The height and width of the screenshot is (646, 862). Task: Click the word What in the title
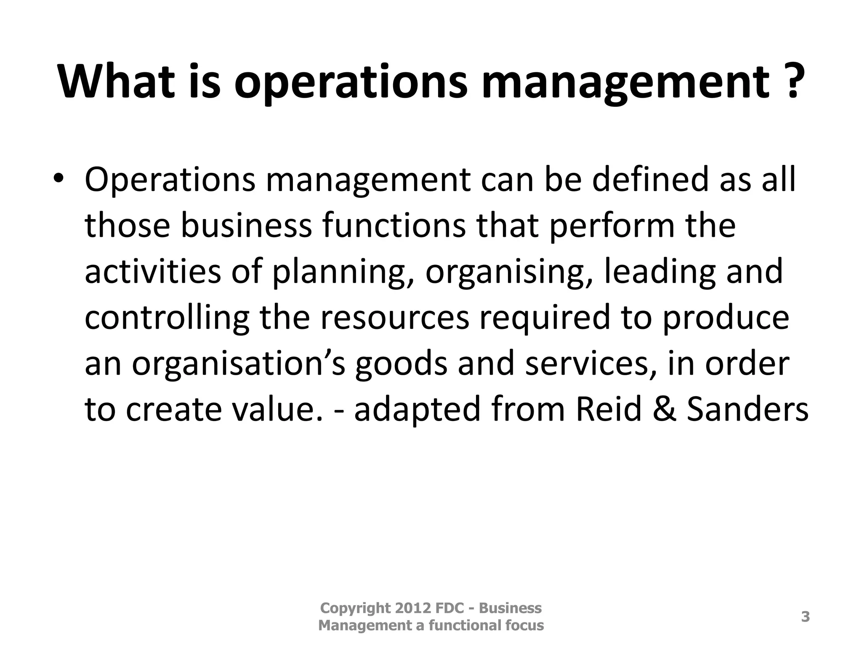116,81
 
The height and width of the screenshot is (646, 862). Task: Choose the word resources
395,318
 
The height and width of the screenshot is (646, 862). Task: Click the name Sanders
748,410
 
